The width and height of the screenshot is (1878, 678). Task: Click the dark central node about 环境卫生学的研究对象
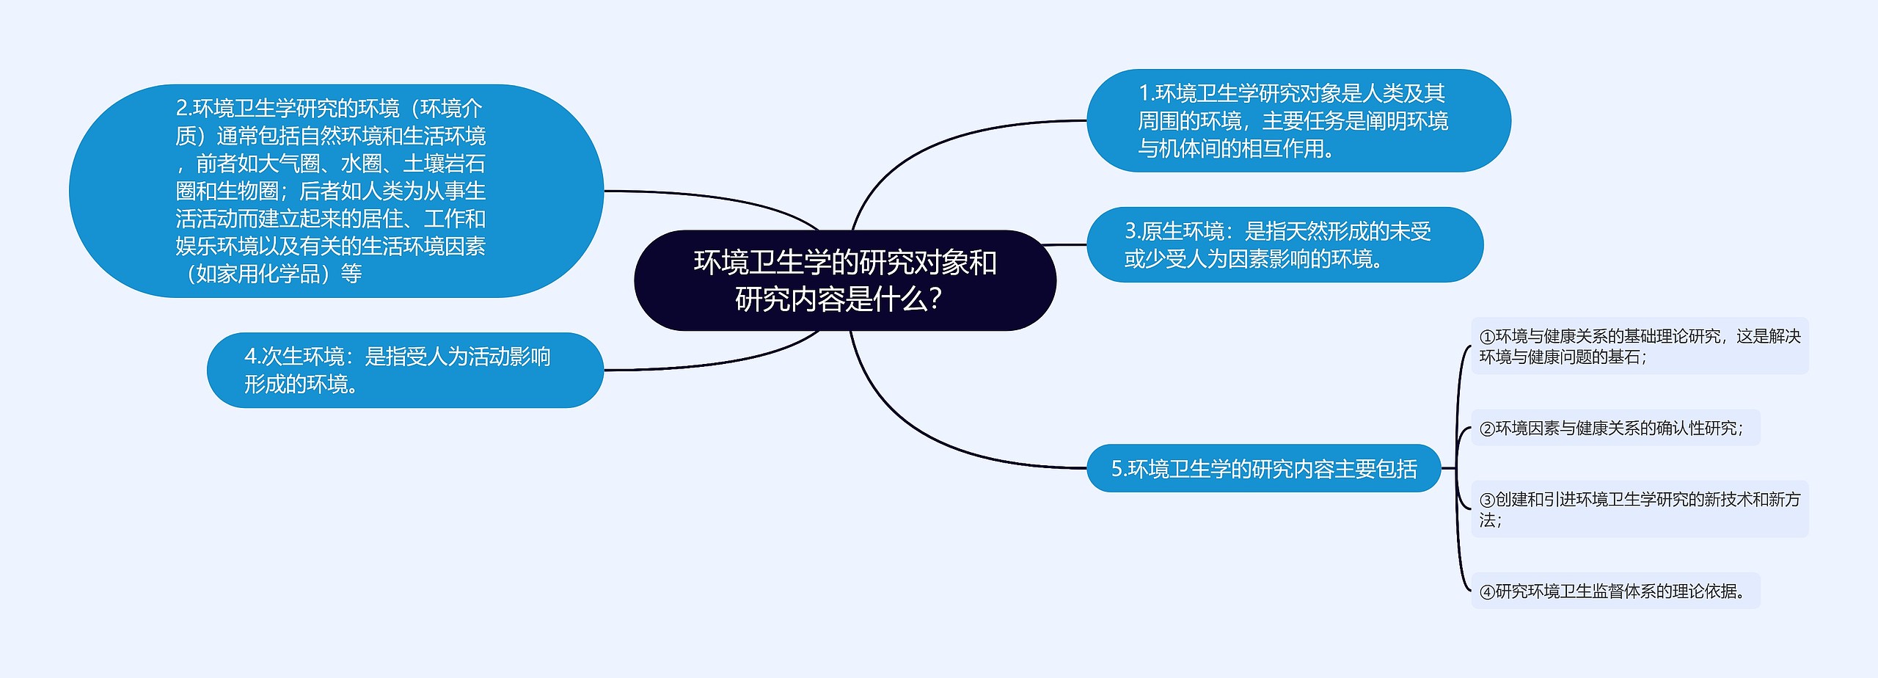pos(844,280)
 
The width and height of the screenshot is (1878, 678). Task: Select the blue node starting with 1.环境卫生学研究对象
pos(1298,121)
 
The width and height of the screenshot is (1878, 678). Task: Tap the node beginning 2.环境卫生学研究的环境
pos(336,191)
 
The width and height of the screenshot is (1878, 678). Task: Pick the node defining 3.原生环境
pos(1284,245)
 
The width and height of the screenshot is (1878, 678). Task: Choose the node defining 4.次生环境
pos(405,371)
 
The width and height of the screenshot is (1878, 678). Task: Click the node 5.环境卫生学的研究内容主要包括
pos(1263,468)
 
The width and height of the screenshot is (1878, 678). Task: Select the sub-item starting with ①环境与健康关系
pos(1640,346)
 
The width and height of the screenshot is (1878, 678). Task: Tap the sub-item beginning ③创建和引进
pos(1640,509)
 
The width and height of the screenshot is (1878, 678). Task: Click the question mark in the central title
pos(935,299)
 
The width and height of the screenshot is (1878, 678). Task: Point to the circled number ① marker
pos(1487,337)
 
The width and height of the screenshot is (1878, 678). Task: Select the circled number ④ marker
pos(1487,592)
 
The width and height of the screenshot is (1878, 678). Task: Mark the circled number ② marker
pos(1487,429)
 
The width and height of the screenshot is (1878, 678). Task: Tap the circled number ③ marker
pos(1487,500)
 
